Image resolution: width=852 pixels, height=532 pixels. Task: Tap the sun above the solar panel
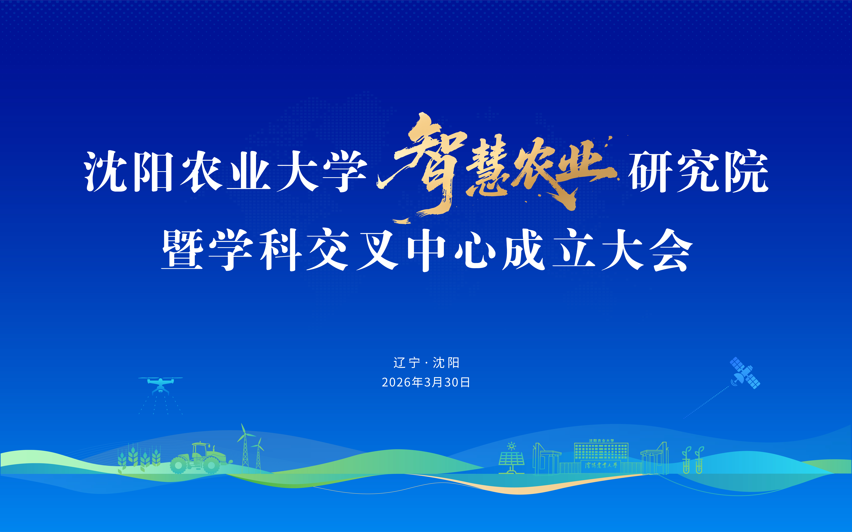(511, 446)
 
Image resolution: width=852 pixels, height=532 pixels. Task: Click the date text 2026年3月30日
(426, 382)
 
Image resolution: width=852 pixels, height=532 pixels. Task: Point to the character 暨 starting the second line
(182, 250)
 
